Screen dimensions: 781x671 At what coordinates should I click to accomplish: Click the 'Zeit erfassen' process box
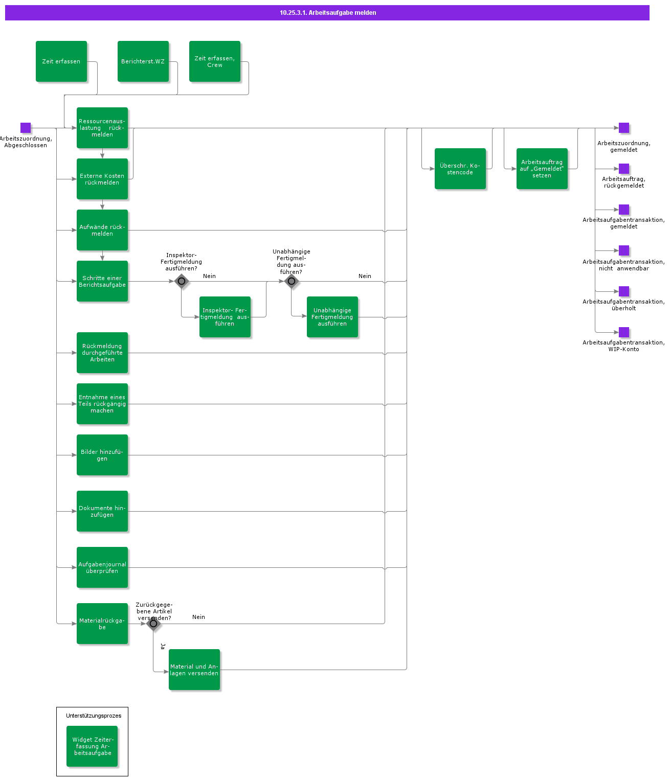[61, 61]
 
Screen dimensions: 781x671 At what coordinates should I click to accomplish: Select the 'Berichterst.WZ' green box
[143, 61]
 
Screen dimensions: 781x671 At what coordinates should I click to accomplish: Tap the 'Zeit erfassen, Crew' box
[215, 61]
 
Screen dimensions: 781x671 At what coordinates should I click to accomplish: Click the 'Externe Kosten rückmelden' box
[102, 179]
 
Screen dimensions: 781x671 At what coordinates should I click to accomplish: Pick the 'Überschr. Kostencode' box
[460, 169]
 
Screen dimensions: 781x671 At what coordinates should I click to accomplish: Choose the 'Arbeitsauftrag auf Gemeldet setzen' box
[542, 169]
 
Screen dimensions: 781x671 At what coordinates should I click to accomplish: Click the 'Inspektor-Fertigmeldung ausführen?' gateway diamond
[182, 281]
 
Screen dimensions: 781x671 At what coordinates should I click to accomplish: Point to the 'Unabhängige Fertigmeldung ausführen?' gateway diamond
[292, 281]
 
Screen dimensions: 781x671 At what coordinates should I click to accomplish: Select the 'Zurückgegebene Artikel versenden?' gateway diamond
[153, 624]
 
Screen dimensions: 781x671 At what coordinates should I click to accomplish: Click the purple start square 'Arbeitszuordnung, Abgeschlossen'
[26, 128]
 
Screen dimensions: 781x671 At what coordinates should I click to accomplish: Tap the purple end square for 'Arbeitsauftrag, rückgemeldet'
[624, 169]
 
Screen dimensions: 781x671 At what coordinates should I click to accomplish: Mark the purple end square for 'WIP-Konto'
[624, 332]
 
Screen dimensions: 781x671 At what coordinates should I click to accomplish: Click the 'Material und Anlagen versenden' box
[194, 670]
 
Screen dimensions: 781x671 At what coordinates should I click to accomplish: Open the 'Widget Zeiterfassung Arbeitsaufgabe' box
[92, 746]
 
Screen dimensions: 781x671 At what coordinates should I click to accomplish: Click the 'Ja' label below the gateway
[163, 646]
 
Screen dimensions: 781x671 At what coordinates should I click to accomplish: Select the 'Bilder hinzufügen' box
[102, 455]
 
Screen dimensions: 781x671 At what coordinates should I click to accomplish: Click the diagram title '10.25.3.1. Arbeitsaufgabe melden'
[328, 13]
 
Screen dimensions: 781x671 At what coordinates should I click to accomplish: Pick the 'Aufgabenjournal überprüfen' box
[102, 567]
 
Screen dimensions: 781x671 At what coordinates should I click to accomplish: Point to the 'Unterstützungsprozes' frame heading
[94, 716]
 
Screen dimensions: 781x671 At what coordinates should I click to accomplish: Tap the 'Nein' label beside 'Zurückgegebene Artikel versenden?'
[198, 617]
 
